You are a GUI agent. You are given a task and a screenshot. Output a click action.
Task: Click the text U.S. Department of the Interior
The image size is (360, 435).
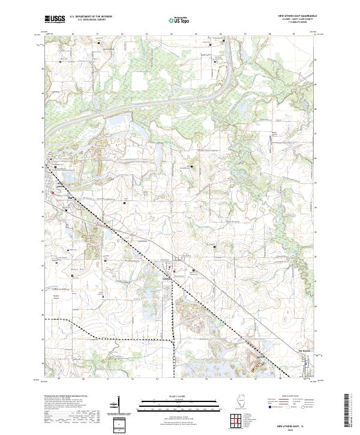tap(91, 17)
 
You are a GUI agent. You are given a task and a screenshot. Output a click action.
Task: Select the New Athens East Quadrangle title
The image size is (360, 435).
tap(296, 16)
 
